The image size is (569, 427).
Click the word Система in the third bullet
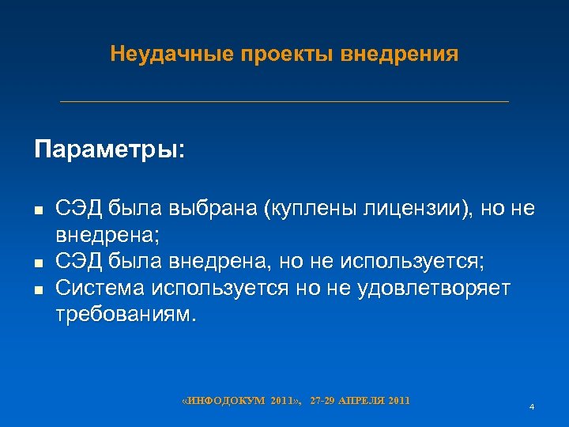click(x=98, y=289)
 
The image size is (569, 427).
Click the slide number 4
click(x=532, y=406)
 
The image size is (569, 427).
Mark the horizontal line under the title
click(x=284, y=101)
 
